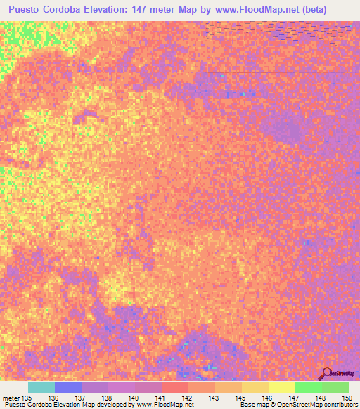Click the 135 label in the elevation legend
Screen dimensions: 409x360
click(x=27, y=397)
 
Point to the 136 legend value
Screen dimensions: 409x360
click(x=53, y=397)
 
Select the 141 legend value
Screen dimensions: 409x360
click(x=160, y=397)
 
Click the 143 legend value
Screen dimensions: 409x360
click(x=214, y=397)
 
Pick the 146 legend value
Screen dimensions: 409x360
click(x=267, y=397)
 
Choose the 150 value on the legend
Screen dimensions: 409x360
click(x=345, y=397)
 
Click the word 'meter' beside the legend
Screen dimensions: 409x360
click(x=11, y=397)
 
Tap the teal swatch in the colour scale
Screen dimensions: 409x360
click(x=41, y=387)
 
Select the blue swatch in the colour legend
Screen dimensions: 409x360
click(x=67, y=387)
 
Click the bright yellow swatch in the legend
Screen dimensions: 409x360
click(x=281, y=387)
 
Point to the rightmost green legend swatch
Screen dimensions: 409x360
click(x=335, y=387)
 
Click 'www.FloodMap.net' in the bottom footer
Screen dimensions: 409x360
click(x=154, y=405)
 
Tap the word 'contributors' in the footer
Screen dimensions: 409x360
click(x=338, y=405)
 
